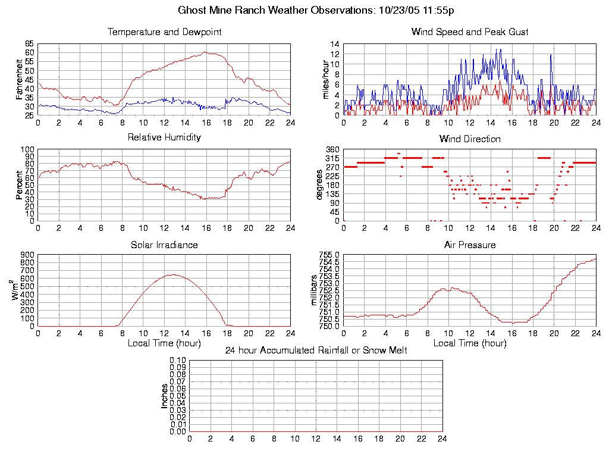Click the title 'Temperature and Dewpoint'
click(x=164, y=32)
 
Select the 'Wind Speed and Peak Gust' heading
click(x=470, y=32)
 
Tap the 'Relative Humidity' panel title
click(x=164, y=137)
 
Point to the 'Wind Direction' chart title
click(x=470, y=139)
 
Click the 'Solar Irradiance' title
click(x=164, y=245)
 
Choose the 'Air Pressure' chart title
click(x=470, y=245)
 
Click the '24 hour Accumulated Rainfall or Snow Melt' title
click(x=316, y=350)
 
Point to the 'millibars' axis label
click(x=316, y=290)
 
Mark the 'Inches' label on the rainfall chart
click(x=165, y=396)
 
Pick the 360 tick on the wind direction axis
click(x=332, y=149)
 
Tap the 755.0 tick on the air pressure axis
click(x=330, y=255)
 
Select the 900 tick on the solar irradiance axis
click(x=27, y=255)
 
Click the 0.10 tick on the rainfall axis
click(x=178, y=361)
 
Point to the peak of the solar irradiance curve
click(x=173, y=274)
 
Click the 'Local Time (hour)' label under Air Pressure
click(x=470, y=343)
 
